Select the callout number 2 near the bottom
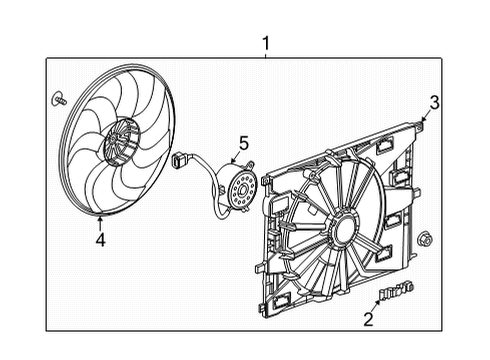[x=369, y=319]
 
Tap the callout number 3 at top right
[x=434, y=102]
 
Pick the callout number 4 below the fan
[x=100, y=239]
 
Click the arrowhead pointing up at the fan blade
[x=100, y=218]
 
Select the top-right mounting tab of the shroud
[x=410, y=128]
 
